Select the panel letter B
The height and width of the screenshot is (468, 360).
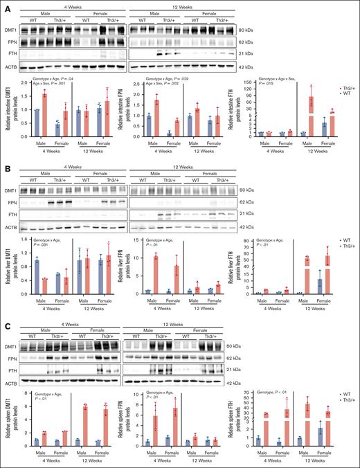point(7,158)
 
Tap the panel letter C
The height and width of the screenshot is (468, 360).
point(7,312)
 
